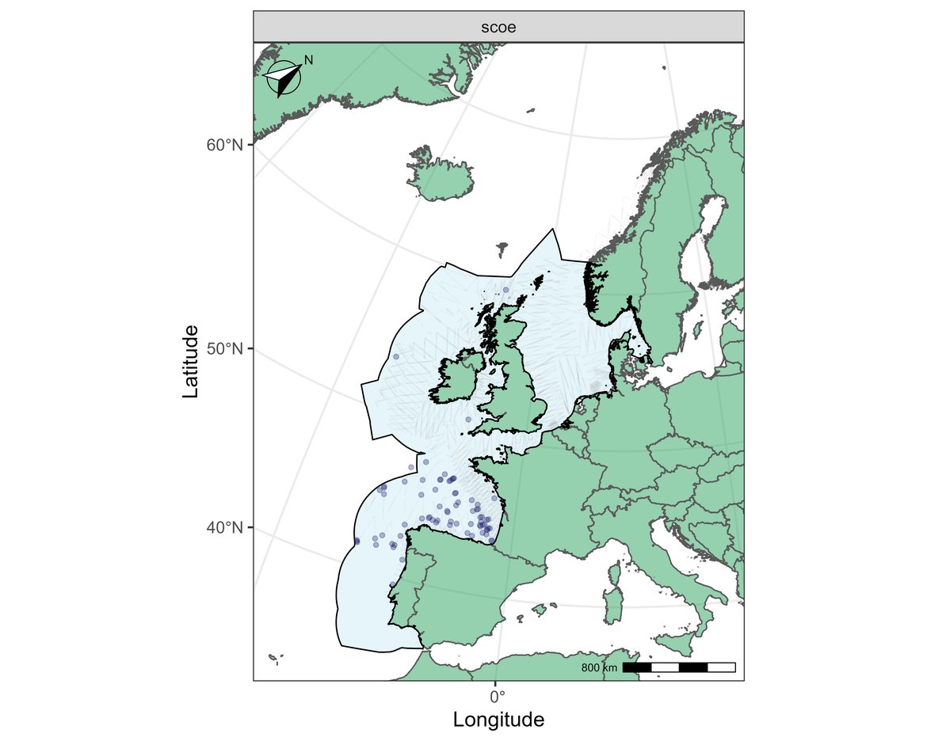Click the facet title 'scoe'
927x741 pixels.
[498, 27]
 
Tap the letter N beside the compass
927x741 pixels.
[309, 60]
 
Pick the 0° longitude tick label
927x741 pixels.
[497, 697]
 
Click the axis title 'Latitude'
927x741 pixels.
[190, 361]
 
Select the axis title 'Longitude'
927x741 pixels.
[498, 720]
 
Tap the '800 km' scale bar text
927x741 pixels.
[599, 668]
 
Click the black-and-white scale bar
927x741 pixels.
[679, 667]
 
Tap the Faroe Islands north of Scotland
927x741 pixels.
[502, 249]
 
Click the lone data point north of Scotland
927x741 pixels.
[505, 290]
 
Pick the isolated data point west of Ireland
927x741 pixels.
[395, 357]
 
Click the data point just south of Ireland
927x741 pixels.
[468, 419]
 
